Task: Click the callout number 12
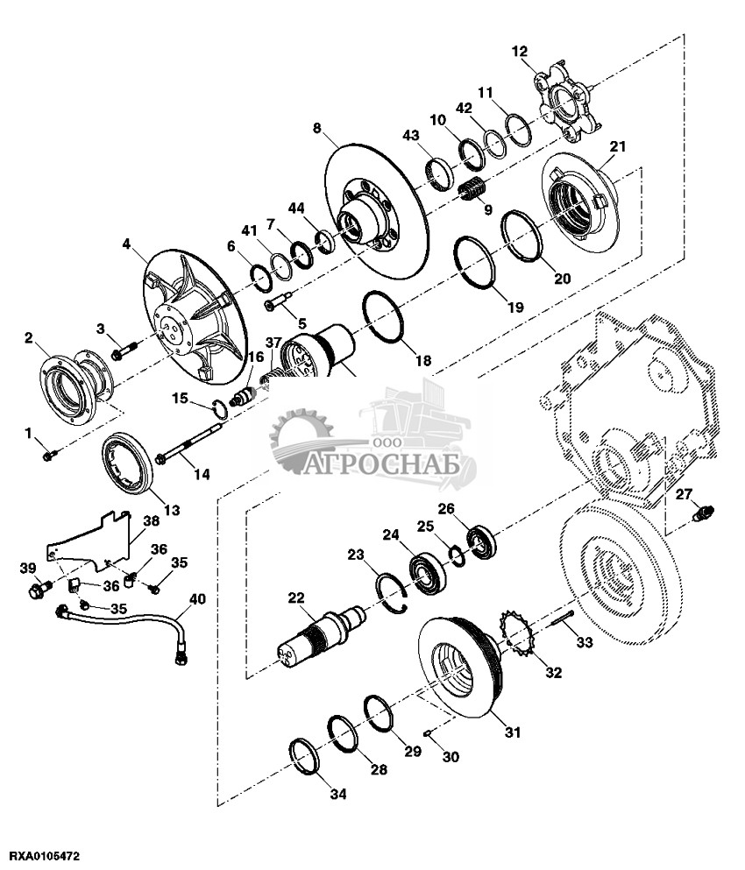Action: point(519,52)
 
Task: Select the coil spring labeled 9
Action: point(473,190)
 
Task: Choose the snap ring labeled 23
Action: point(392,594)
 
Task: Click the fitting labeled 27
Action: point(704,512)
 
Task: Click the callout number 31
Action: point(513,732)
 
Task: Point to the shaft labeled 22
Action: point(322,633)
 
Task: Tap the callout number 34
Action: point(338,794)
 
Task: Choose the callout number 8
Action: point(317,128)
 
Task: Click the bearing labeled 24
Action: point(427,571)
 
